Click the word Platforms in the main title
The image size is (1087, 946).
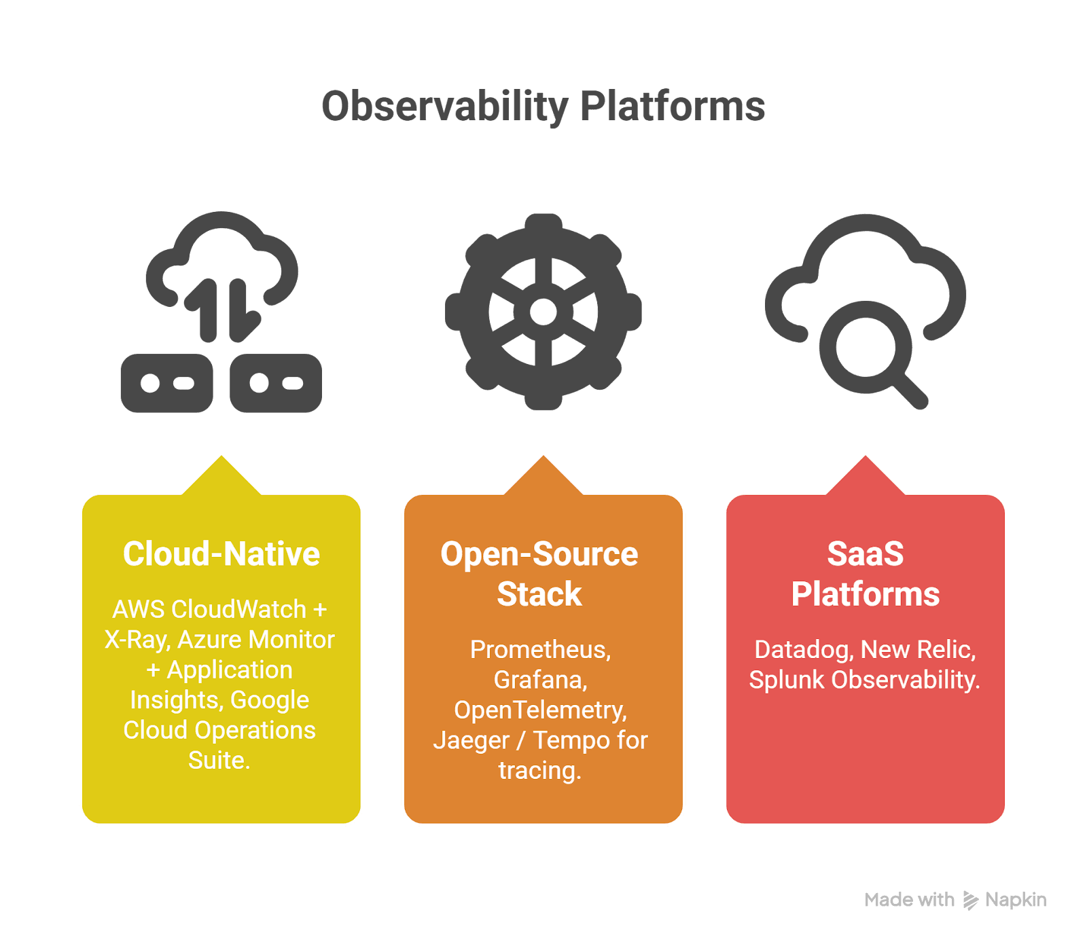coord(672,107)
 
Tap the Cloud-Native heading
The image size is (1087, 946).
coord(221,554)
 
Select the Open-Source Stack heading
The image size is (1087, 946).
coord(539,574)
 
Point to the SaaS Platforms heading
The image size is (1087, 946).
coord(865,574)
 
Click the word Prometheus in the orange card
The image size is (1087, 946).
coord(539,650)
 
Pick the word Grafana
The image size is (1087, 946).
coord(539,680)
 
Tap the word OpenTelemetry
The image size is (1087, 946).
coord(539,710)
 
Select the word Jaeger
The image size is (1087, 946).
coord(471,741)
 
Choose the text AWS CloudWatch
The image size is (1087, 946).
coord(209,609)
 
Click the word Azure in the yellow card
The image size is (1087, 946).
coord(209,640)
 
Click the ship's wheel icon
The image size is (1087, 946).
coord(543,312)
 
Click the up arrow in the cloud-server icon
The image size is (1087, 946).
coord(207,309)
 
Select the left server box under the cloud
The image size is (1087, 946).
coord(167,384)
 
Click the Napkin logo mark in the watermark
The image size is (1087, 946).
coord(970,900)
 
